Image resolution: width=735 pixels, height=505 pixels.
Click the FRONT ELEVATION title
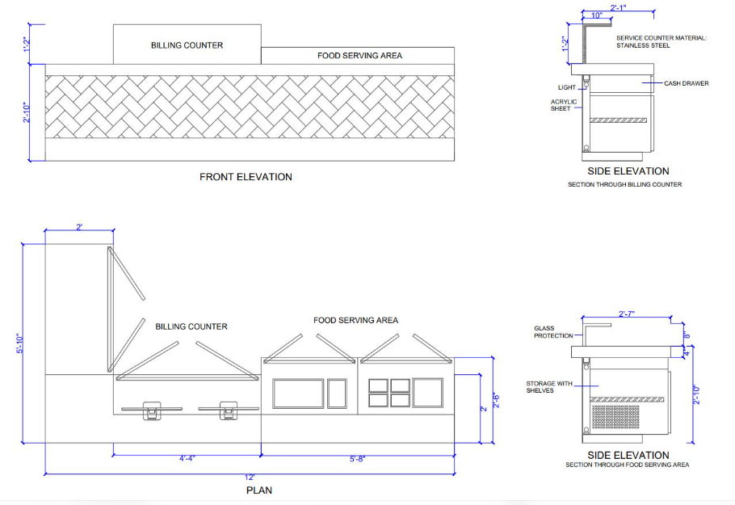246,177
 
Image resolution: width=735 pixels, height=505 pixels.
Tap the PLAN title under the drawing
259,490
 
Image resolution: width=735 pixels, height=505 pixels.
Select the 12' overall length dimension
250,478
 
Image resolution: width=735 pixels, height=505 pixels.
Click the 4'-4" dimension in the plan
187,458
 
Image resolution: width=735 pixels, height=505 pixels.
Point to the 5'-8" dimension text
357,459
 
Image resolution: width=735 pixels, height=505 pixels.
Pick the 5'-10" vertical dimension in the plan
19,343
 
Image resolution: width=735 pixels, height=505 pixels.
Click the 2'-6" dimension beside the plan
497,401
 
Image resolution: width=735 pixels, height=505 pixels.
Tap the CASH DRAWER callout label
687,83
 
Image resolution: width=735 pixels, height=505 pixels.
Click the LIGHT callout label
567,87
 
